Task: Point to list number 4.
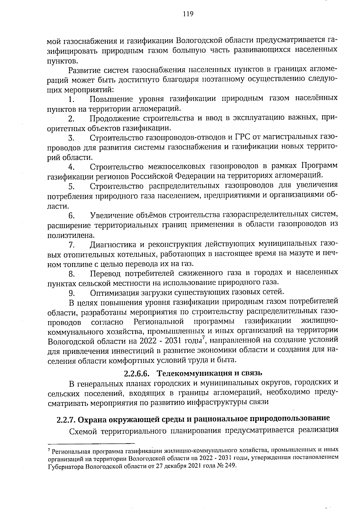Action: coord(71,167)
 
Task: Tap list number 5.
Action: coord(71,187)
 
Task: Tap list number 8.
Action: coord(71,274)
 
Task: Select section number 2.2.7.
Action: coord(66,419)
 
